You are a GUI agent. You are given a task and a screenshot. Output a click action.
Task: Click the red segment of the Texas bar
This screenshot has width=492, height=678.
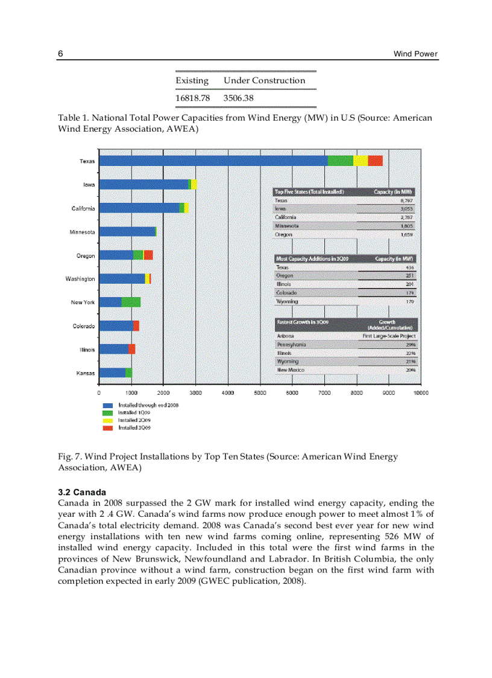coord(375,161)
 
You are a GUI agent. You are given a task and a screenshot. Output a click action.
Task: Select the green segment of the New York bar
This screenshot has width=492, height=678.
coord(131,302)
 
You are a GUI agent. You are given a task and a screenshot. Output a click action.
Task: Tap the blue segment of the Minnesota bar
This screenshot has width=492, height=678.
coord(127,231)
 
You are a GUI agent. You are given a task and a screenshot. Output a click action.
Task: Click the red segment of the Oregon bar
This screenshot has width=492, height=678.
coord(148,255)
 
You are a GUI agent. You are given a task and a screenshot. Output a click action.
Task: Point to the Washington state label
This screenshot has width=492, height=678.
coord(80,279)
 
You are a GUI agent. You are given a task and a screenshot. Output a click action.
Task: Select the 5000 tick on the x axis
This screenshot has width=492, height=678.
coord(260,392)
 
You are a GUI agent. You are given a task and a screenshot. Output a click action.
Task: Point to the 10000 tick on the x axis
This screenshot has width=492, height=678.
coord(420,392)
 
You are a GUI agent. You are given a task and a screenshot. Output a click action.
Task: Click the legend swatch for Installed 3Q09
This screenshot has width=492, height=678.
coord(107,427)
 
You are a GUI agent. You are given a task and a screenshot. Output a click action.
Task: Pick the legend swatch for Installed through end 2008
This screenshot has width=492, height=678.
coord(107,405)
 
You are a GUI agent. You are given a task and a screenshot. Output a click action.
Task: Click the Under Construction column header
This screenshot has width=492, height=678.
coord(264,80)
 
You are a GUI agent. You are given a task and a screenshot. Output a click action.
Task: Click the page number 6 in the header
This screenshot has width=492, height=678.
coord(60,54)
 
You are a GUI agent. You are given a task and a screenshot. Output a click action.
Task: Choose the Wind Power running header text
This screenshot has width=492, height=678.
coord(415,54)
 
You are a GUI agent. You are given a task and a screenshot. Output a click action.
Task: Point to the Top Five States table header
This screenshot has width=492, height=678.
coord(309,191)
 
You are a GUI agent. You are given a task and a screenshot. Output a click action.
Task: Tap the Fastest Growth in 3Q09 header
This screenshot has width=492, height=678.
coord(302,322)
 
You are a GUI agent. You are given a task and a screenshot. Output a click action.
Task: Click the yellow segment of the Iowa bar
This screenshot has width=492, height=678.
coord(194,184)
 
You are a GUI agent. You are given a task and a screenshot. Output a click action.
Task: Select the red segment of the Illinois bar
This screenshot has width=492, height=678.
coord(132,349)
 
